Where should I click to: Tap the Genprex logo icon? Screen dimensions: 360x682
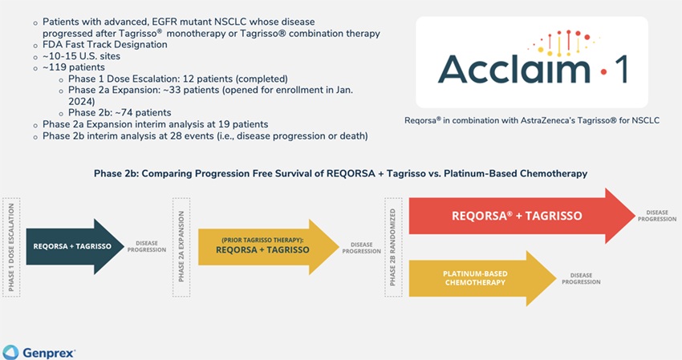pyautogui.click(x=10, y=351)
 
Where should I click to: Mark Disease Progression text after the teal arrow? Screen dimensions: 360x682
pyautogui.click(x=146, y=246)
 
